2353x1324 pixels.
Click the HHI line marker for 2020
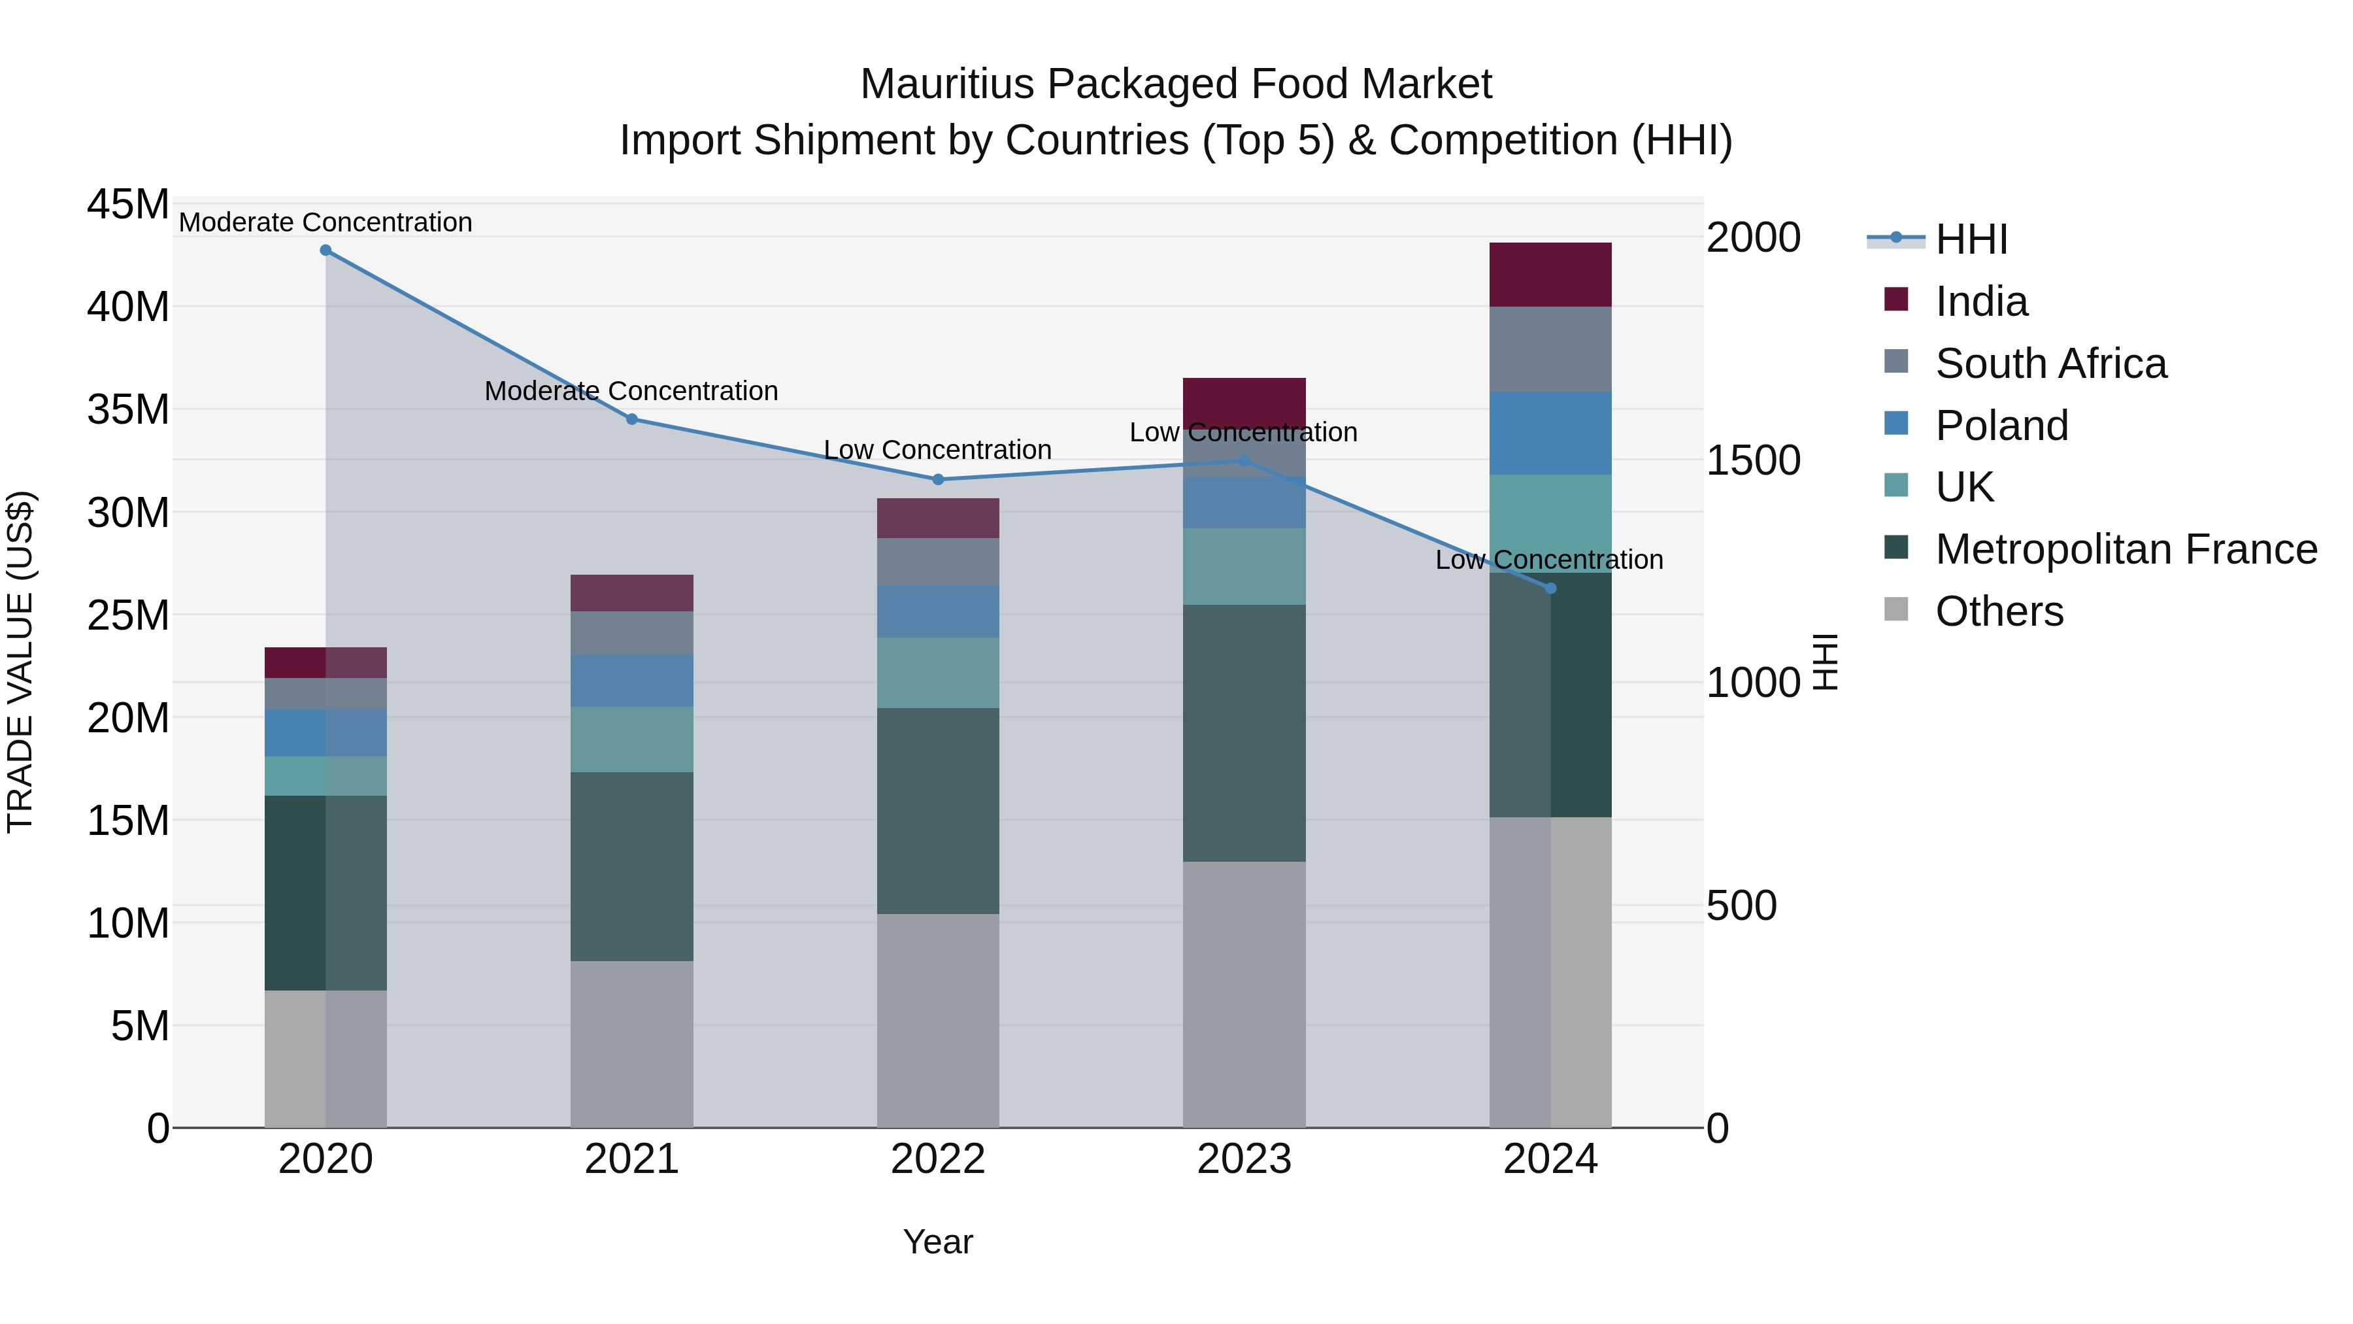pos(325,250)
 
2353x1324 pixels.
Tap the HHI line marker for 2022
pos(937,480)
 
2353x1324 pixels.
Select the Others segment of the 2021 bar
pos(631,1044)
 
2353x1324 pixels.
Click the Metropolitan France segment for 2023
pos(1243,733)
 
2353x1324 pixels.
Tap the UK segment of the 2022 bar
pos(937,673)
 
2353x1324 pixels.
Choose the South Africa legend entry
pos(2050,364)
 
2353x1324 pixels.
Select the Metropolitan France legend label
pos(2126,549)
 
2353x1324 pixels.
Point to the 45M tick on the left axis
pos(128,205)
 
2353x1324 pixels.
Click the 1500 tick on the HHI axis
pos(1752,460)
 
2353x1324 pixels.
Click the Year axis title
pos(937,1242)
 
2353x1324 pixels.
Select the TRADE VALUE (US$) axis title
pos(20,662)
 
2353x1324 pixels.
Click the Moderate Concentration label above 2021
pos(631,391)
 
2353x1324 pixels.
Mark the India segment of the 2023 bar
pos(1243,400)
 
